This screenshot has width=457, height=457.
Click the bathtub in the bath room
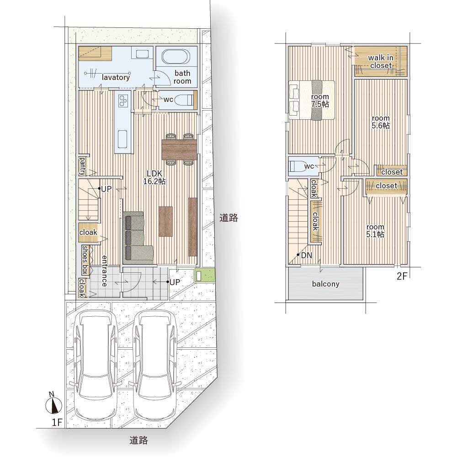point(176,57)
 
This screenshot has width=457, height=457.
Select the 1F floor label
point(57,422)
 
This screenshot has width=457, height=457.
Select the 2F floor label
point(402,276)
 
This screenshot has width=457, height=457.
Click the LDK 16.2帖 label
point(154,177)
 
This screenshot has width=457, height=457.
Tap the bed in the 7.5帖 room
point(312,100)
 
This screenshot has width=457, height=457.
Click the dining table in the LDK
point(179,149)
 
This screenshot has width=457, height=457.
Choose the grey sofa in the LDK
point(137,237)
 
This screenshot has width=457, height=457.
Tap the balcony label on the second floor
point(325,284)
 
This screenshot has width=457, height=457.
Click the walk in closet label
point(381,62)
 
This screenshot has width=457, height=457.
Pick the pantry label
point(82,166)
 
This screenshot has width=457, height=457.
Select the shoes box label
point(85,260)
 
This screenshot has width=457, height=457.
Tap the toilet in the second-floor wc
point(296,166)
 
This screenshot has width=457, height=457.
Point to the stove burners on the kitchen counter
point(123,100)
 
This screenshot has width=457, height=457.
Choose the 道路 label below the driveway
point(138,440)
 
